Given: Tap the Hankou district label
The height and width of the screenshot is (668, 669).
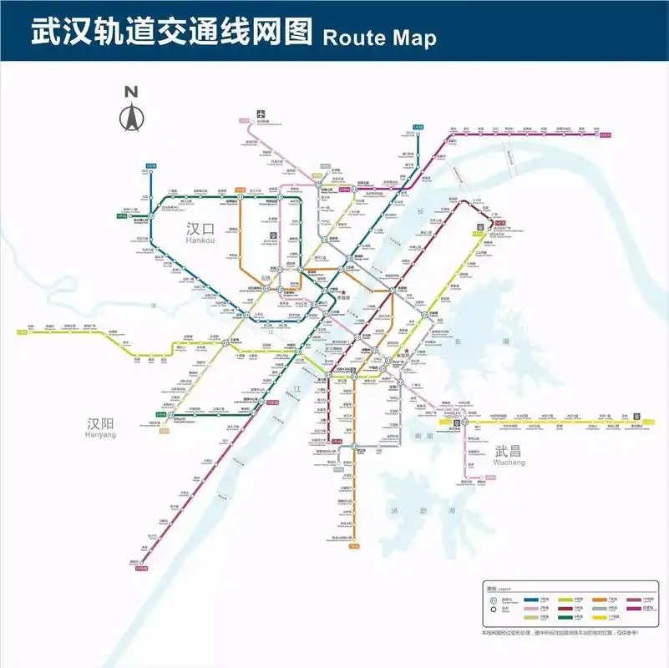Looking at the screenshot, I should pyautogui.click(x=200, y=231).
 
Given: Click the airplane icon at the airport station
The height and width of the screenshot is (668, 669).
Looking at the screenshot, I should pyautogui.click(x=261, y=114).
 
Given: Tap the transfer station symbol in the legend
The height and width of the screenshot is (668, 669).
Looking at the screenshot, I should pyautogui.click(x=493, y=600).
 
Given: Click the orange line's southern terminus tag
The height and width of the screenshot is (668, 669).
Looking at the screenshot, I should pyautogui.click(x=354, y=546).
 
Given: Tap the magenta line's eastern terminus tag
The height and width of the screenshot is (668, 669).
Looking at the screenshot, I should pyautogui.click(x=619, y=132).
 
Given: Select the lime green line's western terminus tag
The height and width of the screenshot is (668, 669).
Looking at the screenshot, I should pyautogui.click(x=23, y=332).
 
